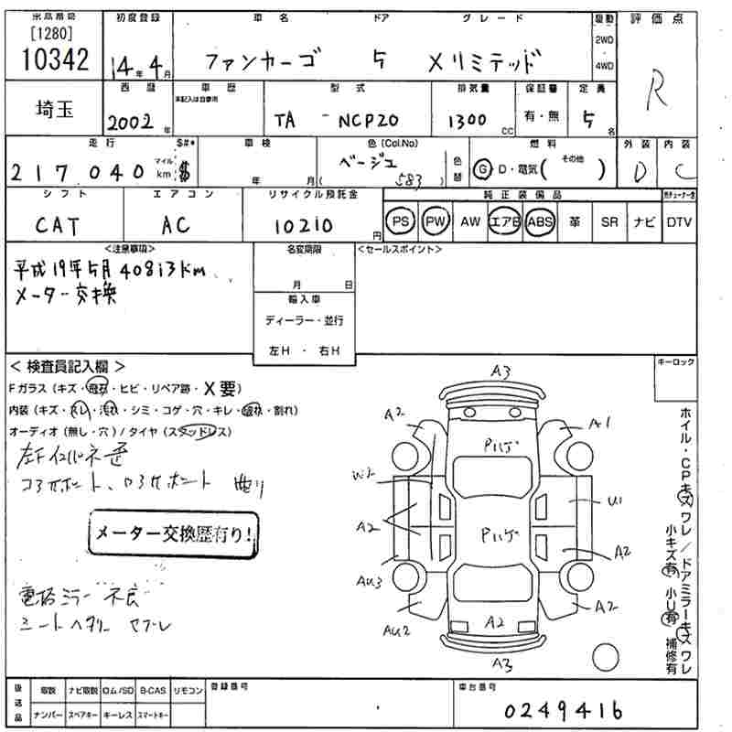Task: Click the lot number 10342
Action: [x=54, y=59]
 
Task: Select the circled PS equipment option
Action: [x=400, y=221]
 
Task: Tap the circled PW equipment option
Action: [x=436, y=221]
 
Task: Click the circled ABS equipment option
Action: [x=540, y=221]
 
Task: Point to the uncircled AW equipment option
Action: [x=470, y=221]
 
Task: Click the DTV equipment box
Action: [x=679, y=221]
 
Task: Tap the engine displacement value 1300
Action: [x=467, y=121]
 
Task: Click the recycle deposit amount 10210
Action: [x=303, y=225]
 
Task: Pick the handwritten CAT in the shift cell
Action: [x=57, y=224]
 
